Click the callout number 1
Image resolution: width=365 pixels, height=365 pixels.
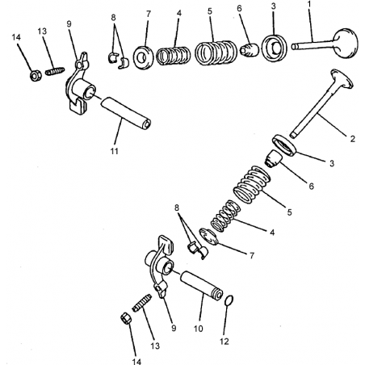(x=309, y=4)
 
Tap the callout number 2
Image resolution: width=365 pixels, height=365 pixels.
(x=352, y=139)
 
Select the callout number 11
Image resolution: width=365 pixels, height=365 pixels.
(x=115, y=151)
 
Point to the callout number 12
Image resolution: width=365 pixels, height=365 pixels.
(x=224, y=342)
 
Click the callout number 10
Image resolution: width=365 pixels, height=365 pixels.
(x=198, y=329)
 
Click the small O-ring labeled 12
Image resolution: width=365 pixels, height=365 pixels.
(x=229, y=300)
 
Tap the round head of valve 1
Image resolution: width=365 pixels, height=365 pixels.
(x=346, y=43)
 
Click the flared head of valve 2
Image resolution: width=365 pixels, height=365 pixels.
(x=342, y=78)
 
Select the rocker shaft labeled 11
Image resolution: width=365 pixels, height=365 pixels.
(x=126, y=113)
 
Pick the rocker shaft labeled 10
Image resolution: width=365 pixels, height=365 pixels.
(x=201, y=285)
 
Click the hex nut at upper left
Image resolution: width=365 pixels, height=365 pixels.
(x=36, y=76)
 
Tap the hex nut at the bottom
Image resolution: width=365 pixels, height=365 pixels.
(x=126, y=318)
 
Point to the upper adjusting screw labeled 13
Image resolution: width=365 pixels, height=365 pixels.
(x=55, y=71)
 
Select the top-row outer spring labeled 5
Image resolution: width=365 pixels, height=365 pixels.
(x=216, y=52)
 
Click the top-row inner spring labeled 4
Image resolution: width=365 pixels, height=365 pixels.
(x=173, y=56)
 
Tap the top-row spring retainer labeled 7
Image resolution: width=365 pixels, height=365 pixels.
(x=143, y=57)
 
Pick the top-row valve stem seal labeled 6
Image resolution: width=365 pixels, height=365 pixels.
(x=249, y=50)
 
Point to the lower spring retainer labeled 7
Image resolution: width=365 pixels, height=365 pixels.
(x=208, y=237)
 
